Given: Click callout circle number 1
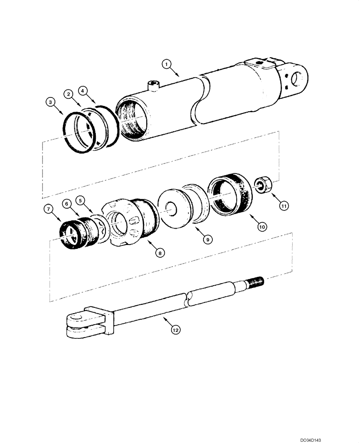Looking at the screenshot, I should tap(167, 65).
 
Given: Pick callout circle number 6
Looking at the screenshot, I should tap(66, 203).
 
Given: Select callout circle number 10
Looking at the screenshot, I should tap(262, 226).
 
